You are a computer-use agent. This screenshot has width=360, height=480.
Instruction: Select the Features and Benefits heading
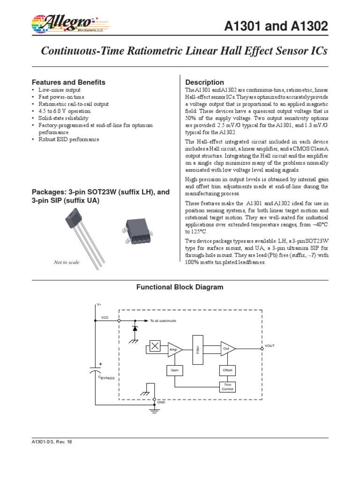tap(68, 82)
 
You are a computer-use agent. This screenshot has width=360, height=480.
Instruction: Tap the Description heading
tap(205, 82)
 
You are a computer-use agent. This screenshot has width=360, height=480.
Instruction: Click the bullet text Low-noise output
tap(60, 90)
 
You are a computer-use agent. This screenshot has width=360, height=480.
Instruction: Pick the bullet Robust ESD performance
tap(69, 140)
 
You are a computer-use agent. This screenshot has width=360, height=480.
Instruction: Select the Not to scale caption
tap(67, 263)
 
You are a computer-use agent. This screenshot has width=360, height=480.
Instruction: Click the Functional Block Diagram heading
tap(180, 287)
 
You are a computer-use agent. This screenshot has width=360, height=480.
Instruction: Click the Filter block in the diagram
tap(198, 349)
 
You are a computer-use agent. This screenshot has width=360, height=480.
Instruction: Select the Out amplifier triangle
tap(227, 349)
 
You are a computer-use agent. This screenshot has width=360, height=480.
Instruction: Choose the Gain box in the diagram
tap(174, 370)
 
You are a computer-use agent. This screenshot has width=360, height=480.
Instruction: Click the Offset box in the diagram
tap(227, 370)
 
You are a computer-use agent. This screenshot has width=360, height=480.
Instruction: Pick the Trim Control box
tap(227, 387)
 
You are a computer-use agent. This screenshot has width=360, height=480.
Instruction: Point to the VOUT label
tap(270, 345)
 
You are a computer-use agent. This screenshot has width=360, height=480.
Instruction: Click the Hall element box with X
tap(155, 346)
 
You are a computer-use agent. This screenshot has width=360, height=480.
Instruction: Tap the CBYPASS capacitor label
tap(106, 377)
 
